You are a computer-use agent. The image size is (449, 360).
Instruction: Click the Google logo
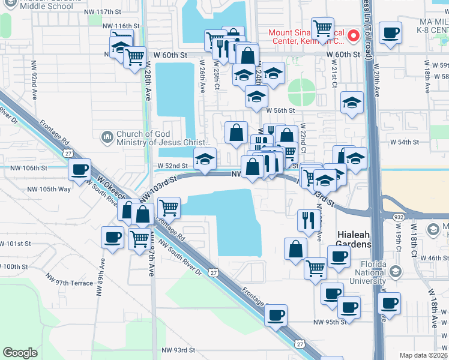click(x=20, y=353)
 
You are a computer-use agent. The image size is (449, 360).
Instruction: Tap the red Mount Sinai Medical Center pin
click(x=354, y=35)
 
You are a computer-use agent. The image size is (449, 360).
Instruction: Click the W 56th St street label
click(x=281, y=110)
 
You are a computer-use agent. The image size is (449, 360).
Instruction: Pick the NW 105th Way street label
click(x=49, y=189)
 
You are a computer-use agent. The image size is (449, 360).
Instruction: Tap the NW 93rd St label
click(x=178, y=350)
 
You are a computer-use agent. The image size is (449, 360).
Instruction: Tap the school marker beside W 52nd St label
click(x=205, y=160)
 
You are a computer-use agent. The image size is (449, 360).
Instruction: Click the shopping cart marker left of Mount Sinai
click(x=323, y=28)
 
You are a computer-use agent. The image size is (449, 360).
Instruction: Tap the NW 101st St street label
click(x=16, y=244)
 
